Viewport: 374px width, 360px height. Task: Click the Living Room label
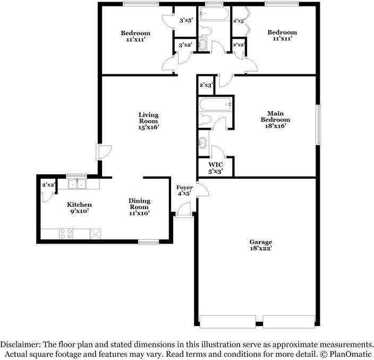(x=149, y=121)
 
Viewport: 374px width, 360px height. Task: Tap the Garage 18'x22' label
(x=261, y=244)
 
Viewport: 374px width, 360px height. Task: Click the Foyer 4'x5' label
(x=184, y=190)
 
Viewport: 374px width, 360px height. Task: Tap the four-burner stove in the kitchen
(x=66, y=233)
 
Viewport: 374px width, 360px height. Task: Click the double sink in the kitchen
(x=79, y=184)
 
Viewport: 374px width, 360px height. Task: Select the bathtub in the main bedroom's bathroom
(x=215, y=104)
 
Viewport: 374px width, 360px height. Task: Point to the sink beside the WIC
(x=203, y=142)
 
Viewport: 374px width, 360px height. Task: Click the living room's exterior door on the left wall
(x=99, y=152)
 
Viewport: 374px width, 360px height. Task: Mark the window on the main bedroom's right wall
(x=318, y=124)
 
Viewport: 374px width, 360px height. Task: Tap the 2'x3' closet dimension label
(x=206, y=85)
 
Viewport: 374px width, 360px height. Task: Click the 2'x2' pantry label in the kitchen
(x=48, y=185)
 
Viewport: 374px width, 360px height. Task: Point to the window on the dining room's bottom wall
(x=148, y=242)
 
